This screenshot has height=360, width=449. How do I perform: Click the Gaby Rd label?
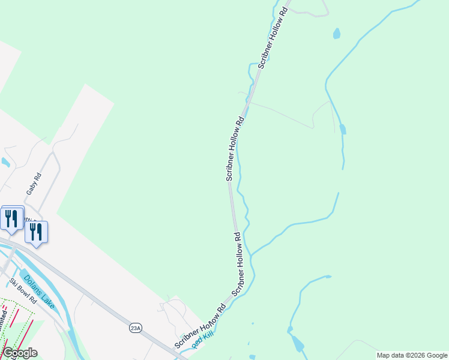[34, 183]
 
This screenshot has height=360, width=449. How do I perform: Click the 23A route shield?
[136, 328]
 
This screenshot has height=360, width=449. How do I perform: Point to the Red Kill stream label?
[203, 340]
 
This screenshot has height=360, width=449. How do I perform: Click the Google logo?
[20, 353]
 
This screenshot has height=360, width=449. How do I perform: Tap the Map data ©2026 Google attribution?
[412, 355]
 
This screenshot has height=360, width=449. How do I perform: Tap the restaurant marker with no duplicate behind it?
[36, 232]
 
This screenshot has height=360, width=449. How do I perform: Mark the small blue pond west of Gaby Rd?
[5, 162]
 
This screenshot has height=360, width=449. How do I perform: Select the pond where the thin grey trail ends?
[342, 128]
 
